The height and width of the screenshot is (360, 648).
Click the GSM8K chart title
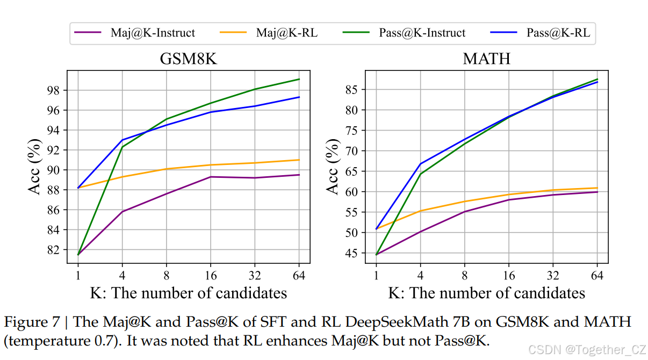tap(188, 59)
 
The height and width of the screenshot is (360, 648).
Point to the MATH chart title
tap(486, 59)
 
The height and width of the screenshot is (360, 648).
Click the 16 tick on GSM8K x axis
tap(211, 276)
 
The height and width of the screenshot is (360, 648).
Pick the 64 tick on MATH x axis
tap(597, 276)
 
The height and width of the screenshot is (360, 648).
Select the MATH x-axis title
tap(486, 293)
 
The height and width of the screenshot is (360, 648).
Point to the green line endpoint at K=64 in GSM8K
tap(299, 79)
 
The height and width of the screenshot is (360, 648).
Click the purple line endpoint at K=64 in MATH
tap(597, 192)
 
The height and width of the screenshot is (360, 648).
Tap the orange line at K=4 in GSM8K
tap(122, 177)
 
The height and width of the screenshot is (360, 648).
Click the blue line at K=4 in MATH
tap(420, 163)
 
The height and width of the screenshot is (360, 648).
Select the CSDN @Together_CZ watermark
tap(587, 350)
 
